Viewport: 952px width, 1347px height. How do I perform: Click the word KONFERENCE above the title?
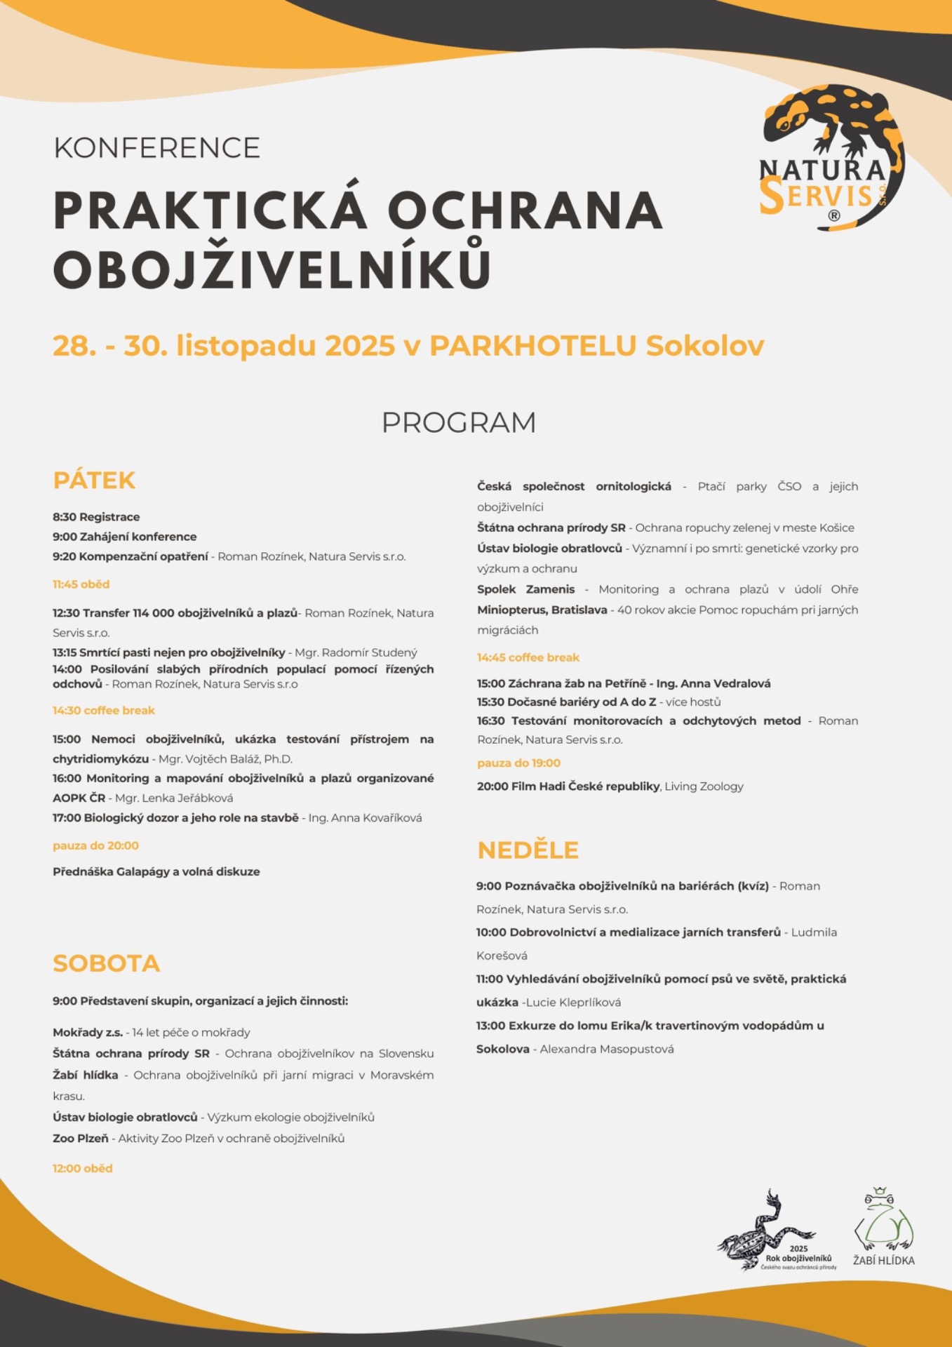pos(156,148)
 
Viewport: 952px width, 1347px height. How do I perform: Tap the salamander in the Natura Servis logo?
pos(828,119)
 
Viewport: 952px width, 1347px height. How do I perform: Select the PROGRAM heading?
pos(459,422)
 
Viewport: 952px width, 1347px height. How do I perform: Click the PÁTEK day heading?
pos(94,481)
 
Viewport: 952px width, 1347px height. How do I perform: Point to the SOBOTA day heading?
pos(107,963)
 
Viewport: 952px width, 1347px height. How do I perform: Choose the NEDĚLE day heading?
pos(528,850)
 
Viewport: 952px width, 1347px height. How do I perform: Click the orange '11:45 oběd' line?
pos(81,584)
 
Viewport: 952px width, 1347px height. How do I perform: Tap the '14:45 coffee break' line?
pos(528,657)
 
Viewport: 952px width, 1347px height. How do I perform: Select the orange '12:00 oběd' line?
pos(82,1168)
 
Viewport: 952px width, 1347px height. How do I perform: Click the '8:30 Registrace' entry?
pos(96,517)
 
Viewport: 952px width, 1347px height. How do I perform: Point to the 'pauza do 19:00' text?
pos(518,763)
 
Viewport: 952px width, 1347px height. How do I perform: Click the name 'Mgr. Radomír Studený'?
pos(356,652)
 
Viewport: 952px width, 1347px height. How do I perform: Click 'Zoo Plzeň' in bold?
pos(81,1138)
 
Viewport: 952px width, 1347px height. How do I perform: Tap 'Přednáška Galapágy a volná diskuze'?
pos(156,871)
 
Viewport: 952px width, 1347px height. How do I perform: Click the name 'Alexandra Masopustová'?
pos(607,1049)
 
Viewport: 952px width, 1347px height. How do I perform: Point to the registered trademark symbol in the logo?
pos(833,216)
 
